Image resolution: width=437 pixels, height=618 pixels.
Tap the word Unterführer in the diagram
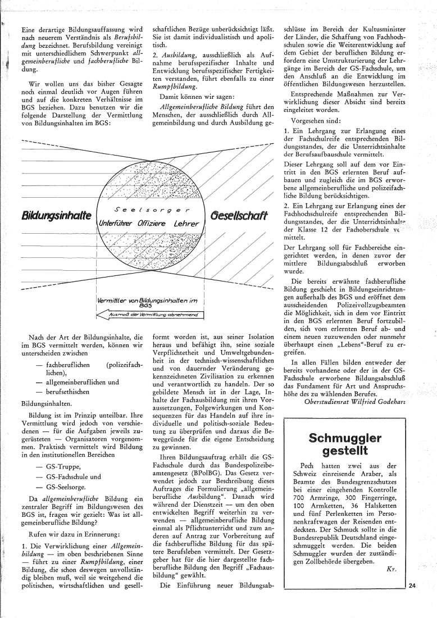[116, 224]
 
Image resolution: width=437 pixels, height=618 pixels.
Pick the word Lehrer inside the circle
[188, 224]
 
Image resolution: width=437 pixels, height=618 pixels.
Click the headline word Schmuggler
[345, 438]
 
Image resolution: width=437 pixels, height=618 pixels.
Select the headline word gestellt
[345, 451]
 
